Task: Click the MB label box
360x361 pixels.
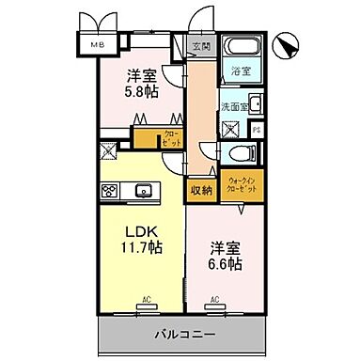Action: click(x=97, y=44)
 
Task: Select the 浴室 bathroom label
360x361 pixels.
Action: click(x=239, y=71)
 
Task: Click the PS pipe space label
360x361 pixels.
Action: click(x=256, y=131)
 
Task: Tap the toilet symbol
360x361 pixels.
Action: click(x=240, y=154)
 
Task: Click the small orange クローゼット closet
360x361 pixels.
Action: click(x=171, y=137)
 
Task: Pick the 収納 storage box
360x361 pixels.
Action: click(x=200, y=189)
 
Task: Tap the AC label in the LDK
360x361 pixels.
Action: click(x=146, y=301)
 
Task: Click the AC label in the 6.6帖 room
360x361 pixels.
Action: click(x=214, y=301)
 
